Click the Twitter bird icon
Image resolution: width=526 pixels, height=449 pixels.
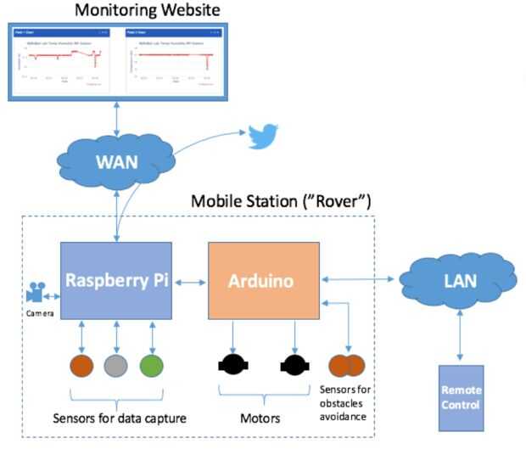click(263, 138)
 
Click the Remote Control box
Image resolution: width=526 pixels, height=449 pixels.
click(461, 399)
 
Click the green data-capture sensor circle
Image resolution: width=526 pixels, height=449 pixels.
click(152, 367)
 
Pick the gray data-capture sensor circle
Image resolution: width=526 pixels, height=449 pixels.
click(116, 367)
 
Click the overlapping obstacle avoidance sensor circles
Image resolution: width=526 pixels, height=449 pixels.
click(346, 366)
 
